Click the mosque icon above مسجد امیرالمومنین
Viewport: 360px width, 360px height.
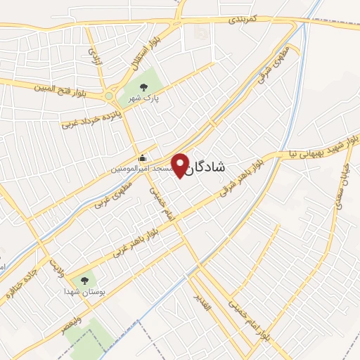tap(143, 157)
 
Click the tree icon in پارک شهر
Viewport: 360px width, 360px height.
tap(143, 87)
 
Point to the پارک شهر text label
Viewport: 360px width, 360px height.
tap(143, 99)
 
